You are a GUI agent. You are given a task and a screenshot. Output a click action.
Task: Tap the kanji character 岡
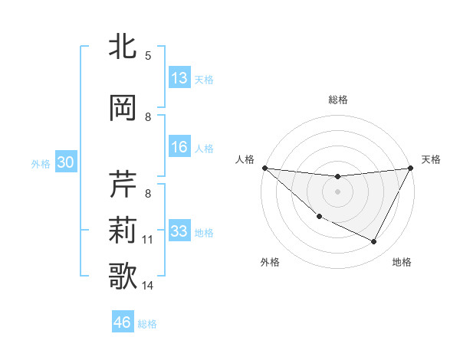124,108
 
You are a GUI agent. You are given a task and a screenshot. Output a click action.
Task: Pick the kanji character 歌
124,277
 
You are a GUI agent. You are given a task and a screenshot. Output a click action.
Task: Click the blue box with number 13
179,78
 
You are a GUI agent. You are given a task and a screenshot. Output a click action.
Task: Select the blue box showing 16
179,147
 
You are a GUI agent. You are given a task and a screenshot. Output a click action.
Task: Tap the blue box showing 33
179,231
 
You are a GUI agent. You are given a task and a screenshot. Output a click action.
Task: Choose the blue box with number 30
64,162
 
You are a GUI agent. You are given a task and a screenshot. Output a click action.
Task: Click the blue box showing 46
123,322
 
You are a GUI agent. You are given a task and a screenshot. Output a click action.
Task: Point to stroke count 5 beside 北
148,56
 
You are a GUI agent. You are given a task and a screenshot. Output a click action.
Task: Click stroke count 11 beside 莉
148,240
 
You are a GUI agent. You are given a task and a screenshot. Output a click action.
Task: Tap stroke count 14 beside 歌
148,286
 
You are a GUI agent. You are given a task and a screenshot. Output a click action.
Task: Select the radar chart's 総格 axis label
337,100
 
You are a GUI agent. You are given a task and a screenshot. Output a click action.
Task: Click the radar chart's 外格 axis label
270,262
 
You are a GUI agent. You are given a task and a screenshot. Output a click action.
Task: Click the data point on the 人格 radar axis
264,168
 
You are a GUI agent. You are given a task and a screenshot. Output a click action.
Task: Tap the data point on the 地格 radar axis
374,242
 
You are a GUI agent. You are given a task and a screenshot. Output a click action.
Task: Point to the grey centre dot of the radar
337,191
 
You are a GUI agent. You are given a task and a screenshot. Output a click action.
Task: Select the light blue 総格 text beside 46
147,324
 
